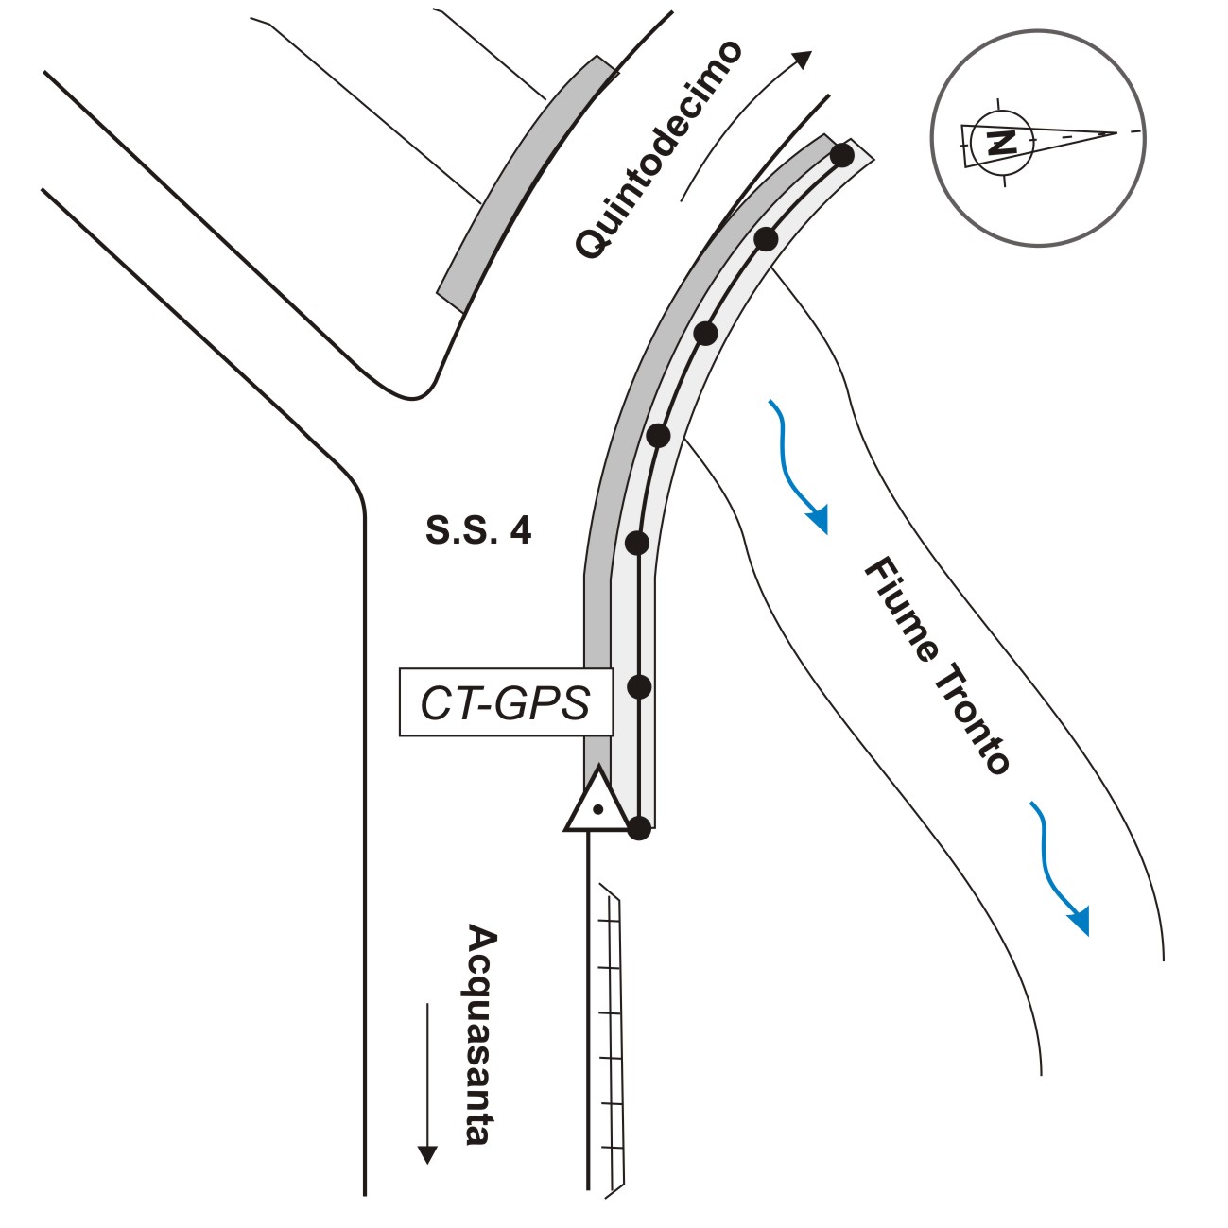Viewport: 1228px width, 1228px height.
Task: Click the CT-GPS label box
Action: [506, 702]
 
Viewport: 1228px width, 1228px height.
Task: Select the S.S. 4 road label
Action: [478, 530]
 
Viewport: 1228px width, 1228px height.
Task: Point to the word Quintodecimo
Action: [659, 150]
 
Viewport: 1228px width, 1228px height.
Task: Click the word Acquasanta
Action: [481, 1036]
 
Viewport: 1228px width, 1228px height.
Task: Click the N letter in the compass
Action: [1001, 143]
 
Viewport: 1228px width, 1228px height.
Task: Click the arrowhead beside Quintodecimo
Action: [803, 59]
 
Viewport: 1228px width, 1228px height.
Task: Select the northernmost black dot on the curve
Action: [841, 154]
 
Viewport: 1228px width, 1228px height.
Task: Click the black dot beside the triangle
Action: [639, 829]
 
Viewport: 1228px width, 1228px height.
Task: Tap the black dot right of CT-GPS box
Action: [640, 686]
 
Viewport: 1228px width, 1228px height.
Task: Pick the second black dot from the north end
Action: [766, 239]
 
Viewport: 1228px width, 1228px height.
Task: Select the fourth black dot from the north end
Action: [659, 436]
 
